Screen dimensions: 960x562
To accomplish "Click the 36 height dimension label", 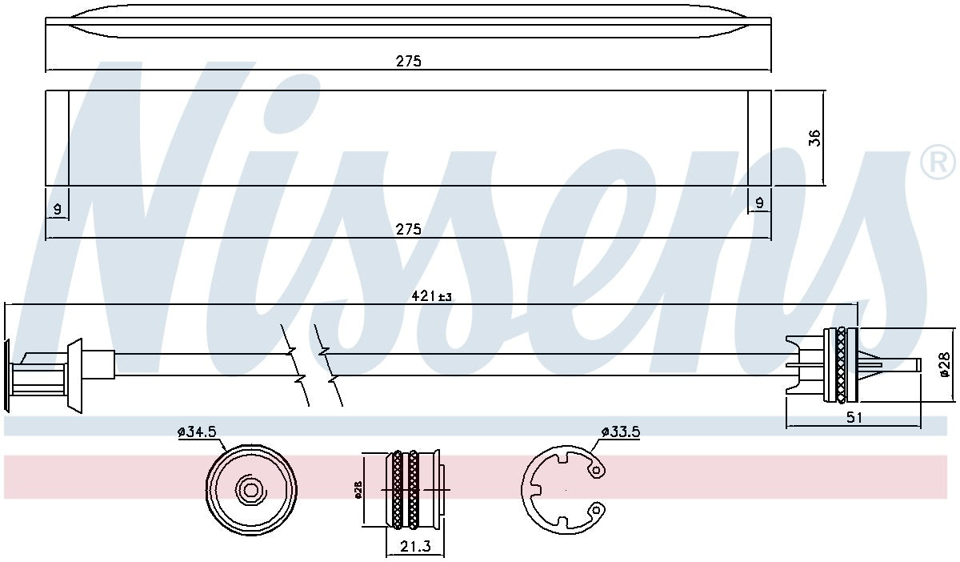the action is (x=814, y=138).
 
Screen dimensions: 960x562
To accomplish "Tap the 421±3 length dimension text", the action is (x=431, y=295).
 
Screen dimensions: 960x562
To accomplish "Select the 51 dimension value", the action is (x=854, y=417).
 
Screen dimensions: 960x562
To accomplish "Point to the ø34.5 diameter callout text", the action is (x=198, y=432).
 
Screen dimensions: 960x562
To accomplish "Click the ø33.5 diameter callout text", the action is (x=621, y=432).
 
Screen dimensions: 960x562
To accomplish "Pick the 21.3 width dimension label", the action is (x=415, y=546).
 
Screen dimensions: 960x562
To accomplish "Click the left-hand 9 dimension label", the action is (x=57, y=210).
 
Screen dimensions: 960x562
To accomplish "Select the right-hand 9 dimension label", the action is (x=759, y=203).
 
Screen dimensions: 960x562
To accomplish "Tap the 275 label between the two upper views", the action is (x=409, y=62).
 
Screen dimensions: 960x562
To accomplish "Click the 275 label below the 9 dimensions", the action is (x=409, y=230).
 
